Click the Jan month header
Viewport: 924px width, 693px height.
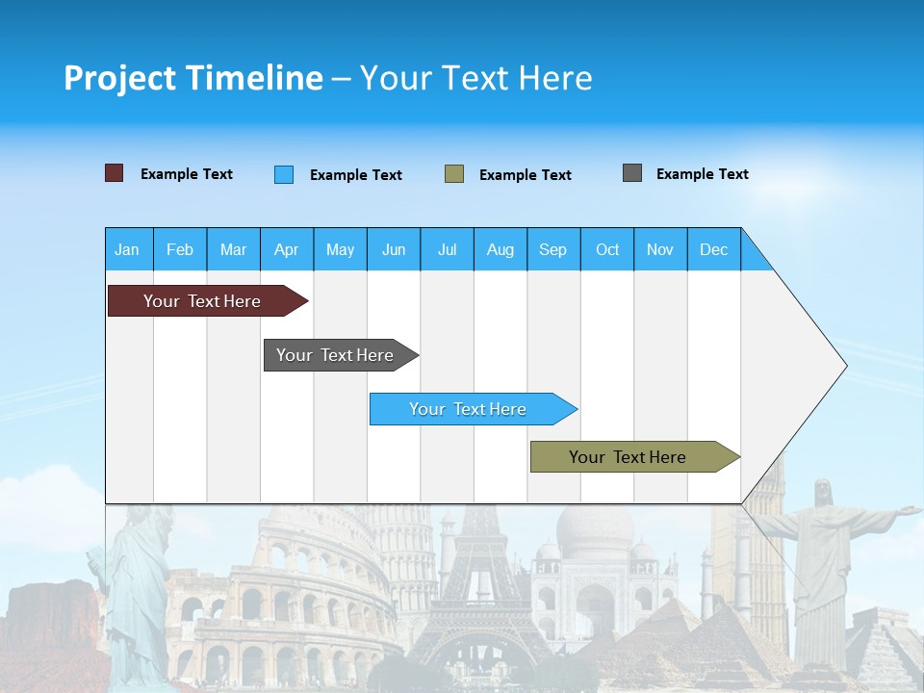pos(128,249)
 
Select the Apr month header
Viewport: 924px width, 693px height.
pos(287,249)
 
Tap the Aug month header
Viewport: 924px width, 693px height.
pos(500,249)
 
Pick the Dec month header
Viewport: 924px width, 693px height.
pos(714,249)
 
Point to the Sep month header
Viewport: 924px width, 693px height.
pos(553,249)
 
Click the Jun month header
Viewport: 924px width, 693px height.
pos(394,249)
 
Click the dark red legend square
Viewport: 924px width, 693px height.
pos(115,173)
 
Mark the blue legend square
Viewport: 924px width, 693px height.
pos(284,174)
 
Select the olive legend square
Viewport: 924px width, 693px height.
pos(454,174)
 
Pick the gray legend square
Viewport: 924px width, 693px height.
pos(632,173)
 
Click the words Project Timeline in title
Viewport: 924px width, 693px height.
pos(193,78)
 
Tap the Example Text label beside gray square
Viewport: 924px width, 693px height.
pos(702,174)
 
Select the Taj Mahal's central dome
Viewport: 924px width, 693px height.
pos(595,529)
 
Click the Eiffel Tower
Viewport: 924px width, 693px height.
pos(478,577)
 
